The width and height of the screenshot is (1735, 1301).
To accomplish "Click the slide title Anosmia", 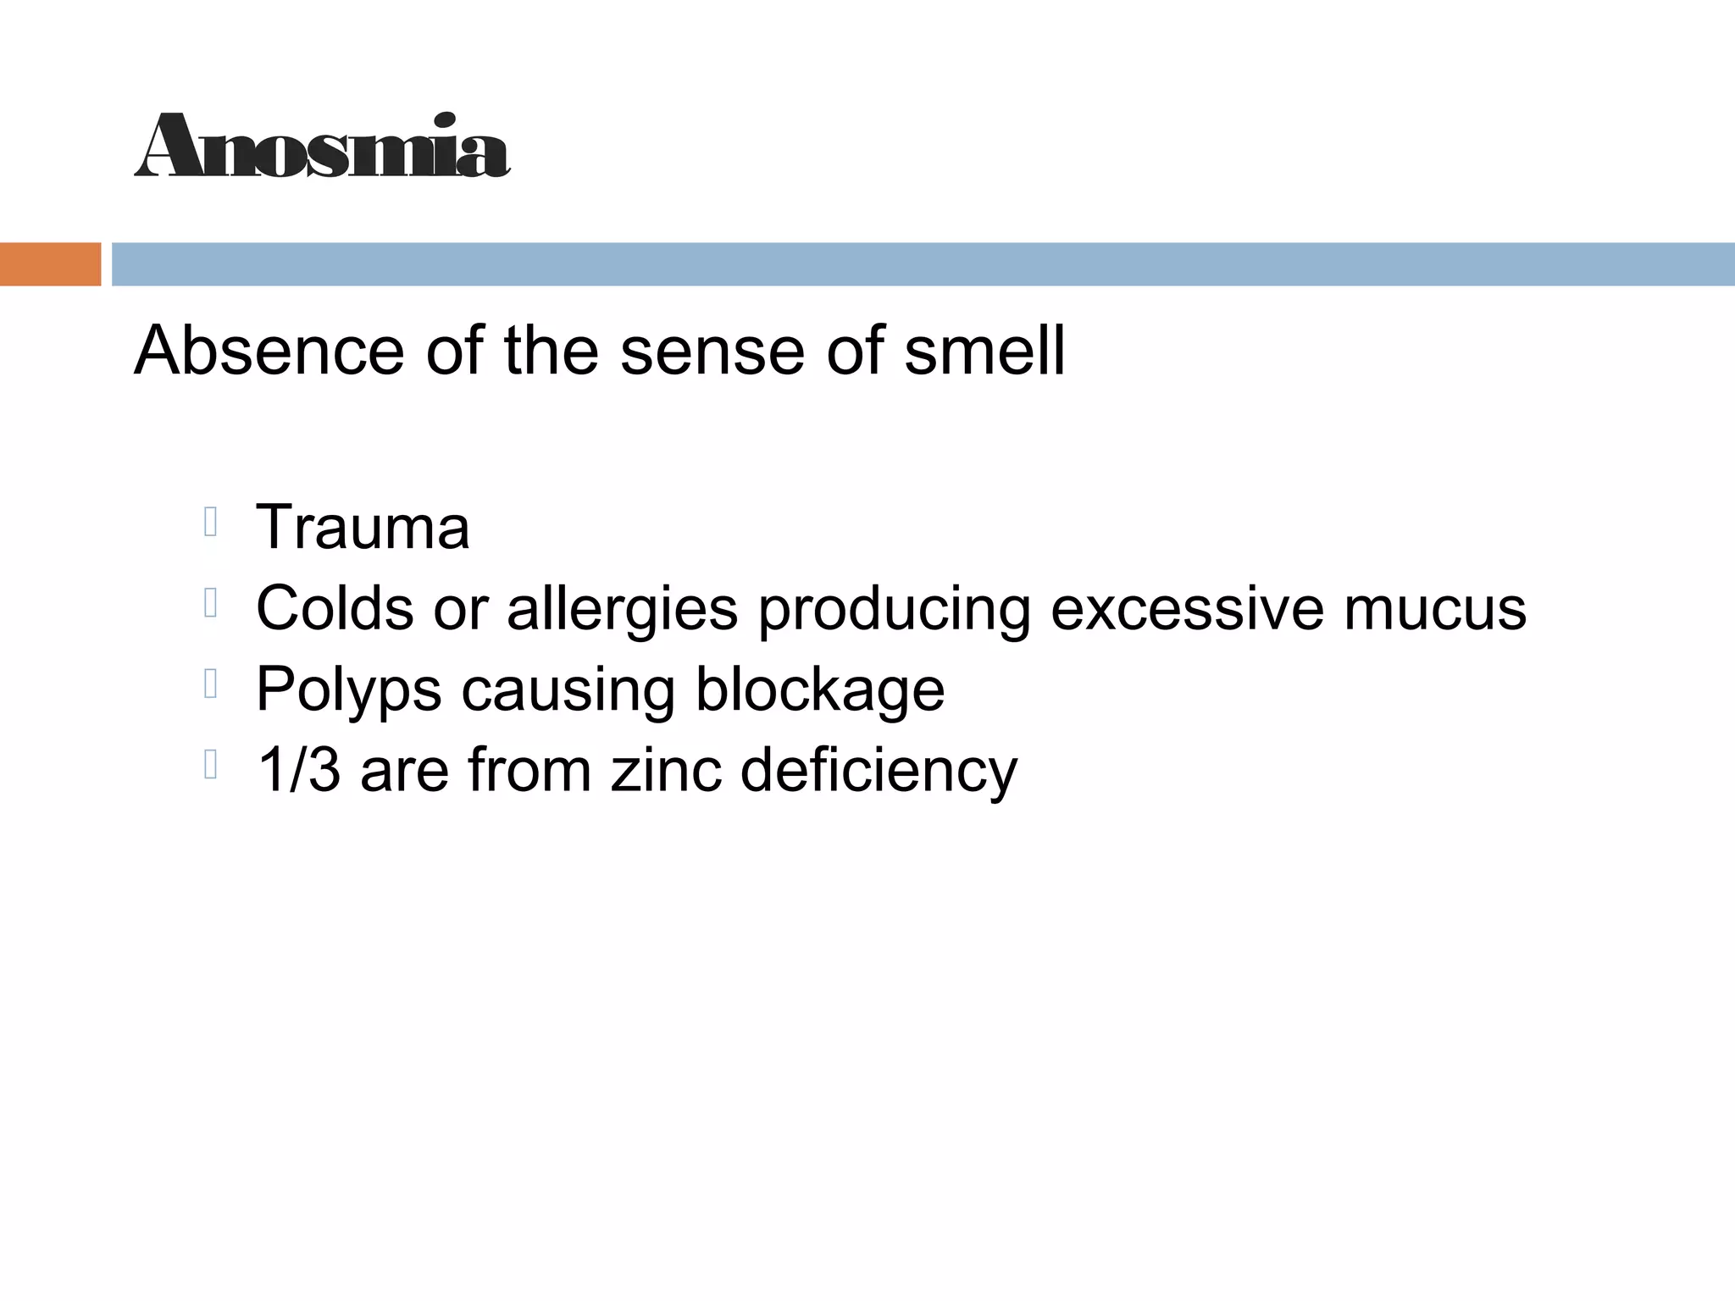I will click(322, 146).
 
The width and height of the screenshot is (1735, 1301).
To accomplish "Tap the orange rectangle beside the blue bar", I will click(50, 264).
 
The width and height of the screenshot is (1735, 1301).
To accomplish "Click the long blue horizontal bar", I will click(923, 264).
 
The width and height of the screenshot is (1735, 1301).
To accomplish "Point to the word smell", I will click(984, 351).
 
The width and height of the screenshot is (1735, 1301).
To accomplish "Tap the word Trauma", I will click(363, 527).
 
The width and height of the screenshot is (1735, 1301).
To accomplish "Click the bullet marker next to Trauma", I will click(212, 523).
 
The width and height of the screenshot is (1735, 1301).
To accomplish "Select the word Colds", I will click(335, 607).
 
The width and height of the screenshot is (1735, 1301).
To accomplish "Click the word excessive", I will click(1187, 607).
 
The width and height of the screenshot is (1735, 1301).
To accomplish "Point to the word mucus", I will click(1434, 609).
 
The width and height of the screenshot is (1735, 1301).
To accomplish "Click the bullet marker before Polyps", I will click(212, 684).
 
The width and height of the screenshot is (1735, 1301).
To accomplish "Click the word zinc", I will click(666, 770).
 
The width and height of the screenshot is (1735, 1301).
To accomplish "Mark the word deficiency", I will click(879, 772).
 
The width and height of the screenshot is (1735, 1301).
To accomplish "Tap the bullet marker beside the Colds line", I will click(212, 603).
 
